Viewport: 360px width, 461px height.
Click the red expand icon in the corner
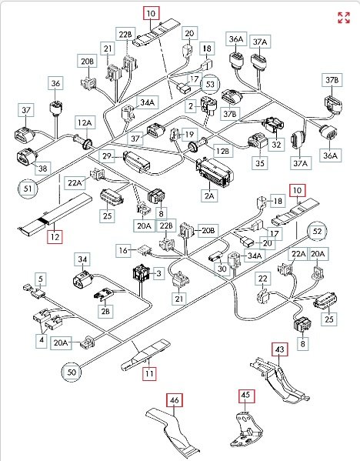[x=344, y=18]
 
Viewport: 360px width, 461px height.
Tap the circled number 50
[x=72, y=372]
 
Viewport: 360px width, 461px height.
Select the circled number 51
[x=28, y=188]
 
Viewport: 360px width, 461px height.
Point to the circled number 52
[x=318, y=231]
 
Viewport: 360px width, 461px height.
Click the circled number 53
[x=210, y=85]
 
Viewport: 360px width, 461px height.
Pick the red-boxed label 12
[x=55, y=236]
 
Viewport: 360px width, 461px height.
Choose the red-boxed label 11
[x=149, y=374]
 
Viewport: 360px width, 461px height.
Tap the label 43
[x=280, y=349]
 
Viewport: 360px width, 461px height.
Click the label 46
[x=175, y=400]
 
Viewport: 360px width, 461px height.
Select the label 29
[x=107, y=156]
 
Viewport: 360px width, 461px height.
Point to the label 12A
[x=85, y=122]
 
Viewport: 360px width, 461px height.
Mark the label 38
[x=43, y=169]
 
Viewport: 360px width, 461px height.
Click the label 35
[x=260, y=163]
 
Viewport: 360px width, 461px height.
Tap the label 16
[x=123, y=250]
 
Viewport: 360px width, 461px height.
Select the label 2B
[x=105, y=311]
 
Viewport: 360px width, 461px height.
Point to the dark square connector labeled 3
[x=142, y=273]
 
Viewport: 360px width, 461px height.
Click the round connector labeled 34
[x=82, y=279]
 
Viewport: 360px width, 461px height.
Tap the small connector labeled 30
[x=215, y=258]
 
